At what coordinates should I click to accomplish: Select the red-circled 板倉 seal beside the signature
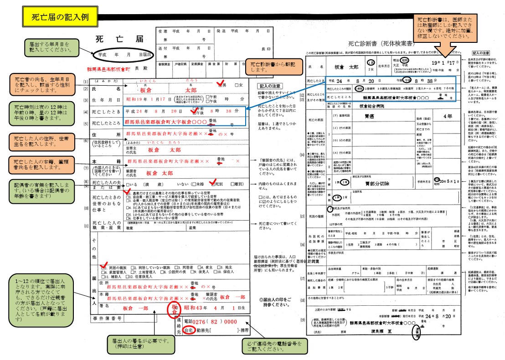pos(174,308)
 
